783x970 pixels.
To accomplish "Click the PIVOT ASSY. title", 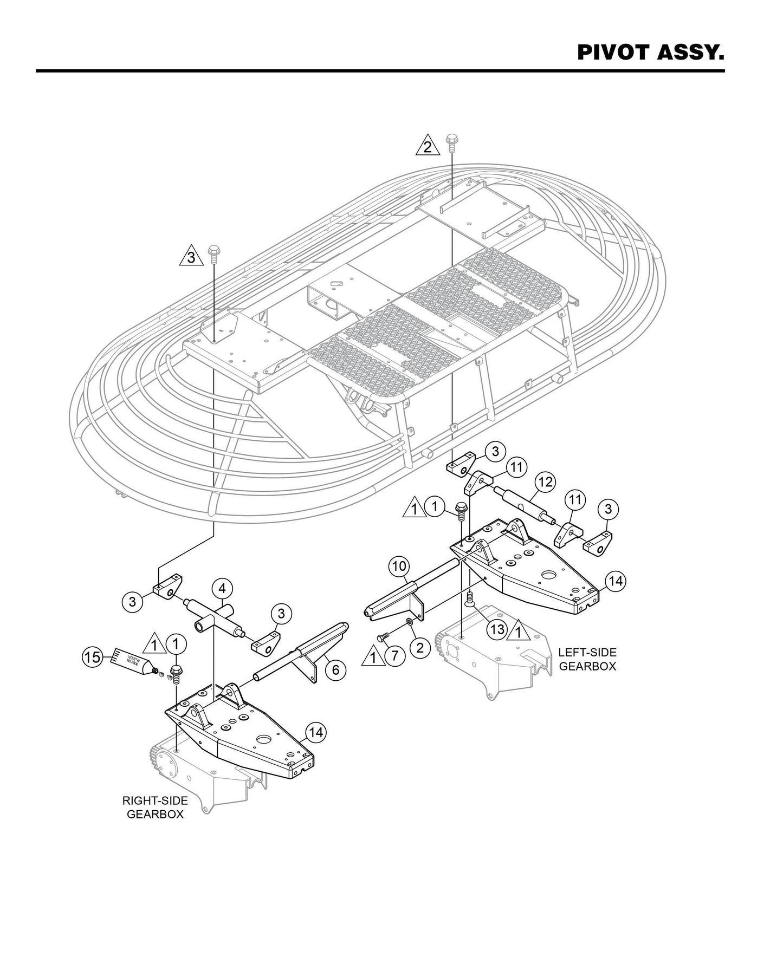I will (650, 53).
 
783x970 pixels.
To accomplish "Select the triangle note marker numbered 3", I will (191, 257).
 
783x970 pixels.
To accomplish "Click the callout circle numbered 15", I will (92, 657).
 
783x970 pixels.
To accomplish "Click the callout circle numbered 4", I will (222, 589).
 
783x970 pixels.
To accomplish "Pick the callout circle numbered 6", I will (335, 670).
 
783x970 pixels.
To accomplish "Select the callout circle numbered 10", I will (399, 567).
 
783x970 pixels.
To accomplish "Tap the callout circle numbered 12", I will (545, 481).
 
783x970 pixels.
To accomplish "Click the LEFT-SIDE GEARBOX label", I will (587, 659).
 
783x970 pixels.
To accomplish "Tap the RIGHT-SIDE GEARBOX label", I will (155, 807).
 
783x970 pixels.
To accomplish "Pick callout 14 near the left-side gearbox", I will (615, 582).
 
